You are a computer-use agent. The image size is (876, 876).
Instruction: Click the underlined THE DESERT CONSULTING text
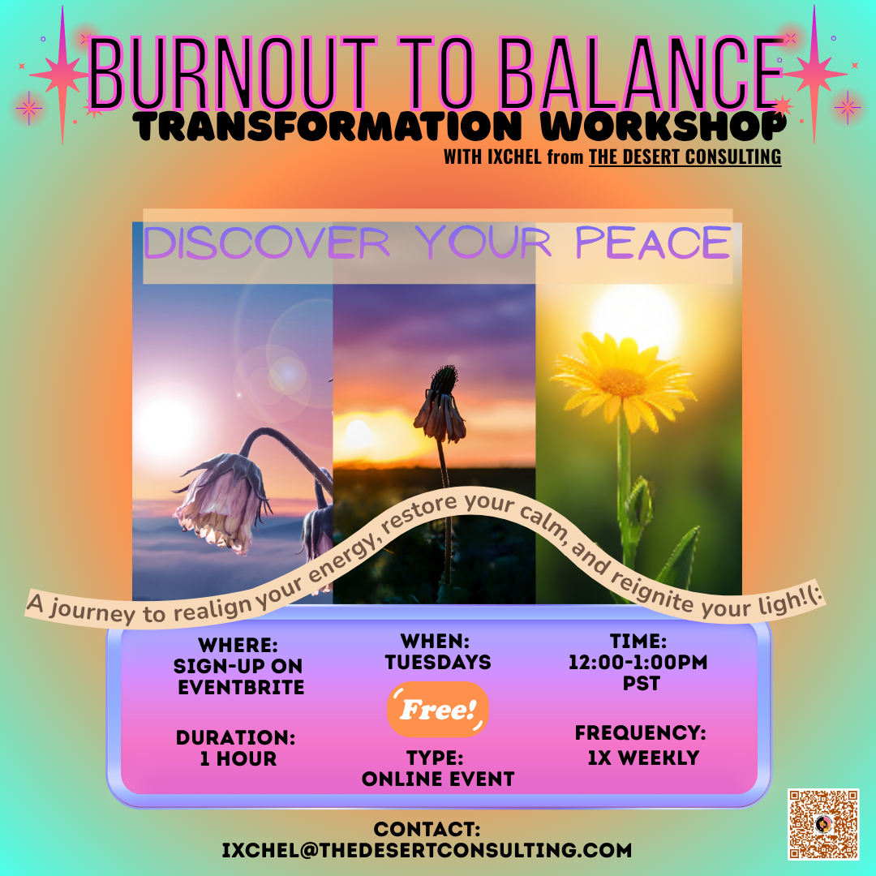pyautogui.click(x=685, y=157)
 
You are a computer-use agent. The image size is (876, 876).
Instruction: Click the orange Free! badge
pyautogui.click(x=438, y=710)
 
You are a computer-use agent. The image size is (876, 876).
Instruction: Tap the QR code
pyautogui.click(x=822, y=823)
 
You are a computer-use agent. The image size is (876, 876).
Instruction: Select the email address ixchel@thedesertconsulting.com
pyautogui.click(x=427, y=850)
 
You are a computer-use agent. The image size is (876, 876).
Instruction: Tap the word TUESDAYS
pyautogui.click(x=438, y=662)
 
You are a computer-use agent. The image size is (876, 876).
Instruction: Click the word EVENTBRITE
pyautogui.click(x=242, y=688)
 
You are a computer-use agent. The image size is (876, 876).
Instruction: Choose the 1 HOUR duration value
pyautogui.click(x=238, y=759)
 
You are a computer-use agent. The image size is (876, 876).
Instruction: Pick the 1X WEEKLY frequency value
pyautogui.click(x=642, y=758)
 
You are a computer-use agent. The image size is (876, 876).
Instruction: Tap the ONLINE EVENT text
pyautogui.click(x=438, y=779)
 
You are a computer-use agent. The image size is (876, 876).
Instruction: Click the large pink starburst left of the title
pyautogui.click(x=62, y=75)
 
